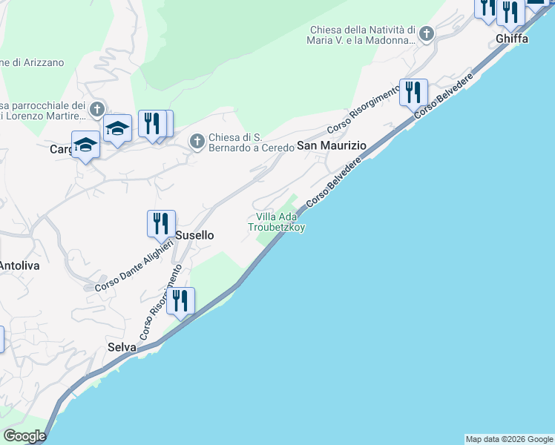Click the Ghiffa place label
pos(513,39)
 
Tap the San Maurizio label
pos(332,146)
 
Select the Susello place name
pos(196,234)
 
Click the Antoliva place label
pos(19,265)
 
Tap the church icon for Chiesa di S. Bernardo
pos(197,140)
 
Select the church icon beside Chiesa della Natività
pos(426,33)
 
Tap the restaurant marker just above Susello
pos(160,222)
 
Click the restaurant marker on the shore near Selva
pos(180,300)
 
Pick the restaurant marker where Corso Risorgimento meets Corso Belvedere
pos(413,92)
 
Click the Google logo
pos(24,436)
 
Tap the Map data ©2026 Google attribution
pos(509,439)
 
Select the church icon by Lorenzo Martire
pos(96,111)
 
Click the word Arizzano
pos(37,63)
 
